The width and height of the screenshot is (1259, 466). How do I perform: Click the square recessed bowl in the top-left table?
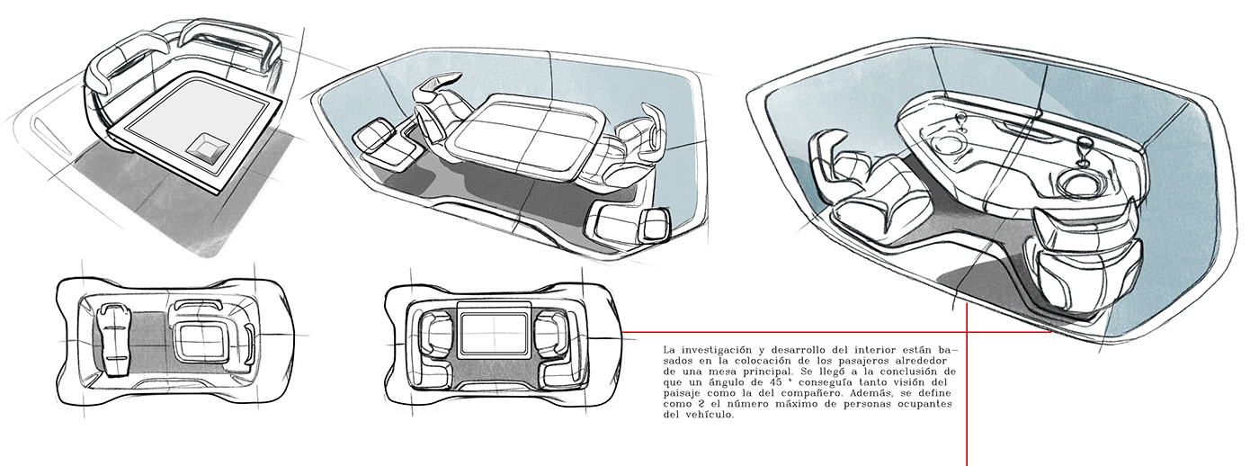207,147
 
